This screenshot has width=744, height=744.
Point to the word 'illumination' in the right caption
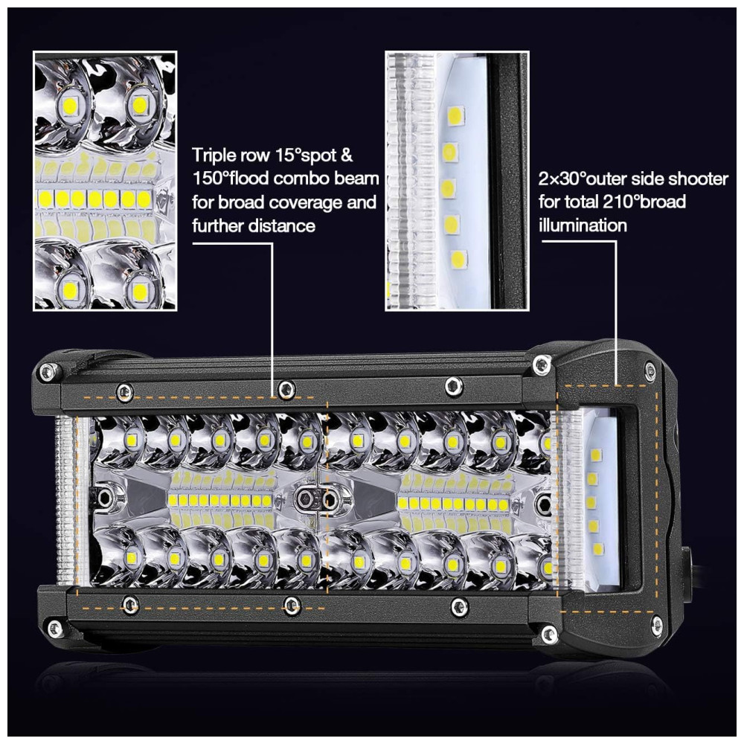[583, 225]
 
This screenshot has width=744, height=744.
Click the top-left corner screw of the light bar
[46, 371]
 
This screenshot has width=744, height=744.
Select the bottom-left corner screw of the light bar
[55, 628]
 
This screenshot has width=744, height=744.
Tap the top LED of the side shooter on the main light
[595, 455]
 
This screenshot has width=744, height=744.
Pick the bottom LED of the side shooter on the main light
[598, 550]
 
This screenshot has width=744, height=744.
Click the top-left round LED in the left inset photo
[70, 103]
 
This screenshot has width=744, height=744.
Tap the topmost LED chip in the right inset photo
[455, 115]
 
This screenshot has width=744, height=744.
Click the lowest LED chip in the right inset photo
[458, 259]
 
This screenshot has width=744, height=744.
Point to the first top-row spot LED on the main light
[131, 439]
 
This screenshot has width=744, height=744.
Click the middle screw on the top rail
[285, 390]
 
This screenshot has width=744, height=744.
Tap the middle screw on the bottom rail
[292, 604]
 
